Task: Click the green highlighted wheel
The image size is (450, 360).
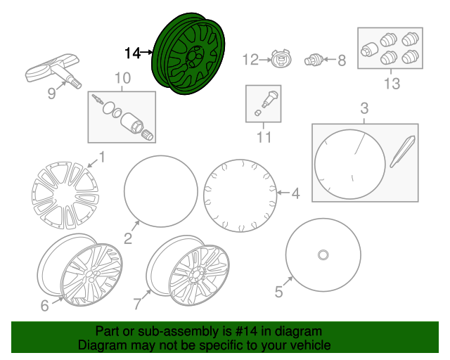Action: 188,54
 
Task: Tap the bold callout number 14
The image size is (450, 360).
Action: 133,53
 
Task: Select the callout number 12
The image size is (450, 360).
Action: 250,60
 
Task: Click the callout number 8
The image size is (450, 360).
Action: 342,60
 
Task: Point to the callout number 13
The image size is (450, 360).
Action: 392,84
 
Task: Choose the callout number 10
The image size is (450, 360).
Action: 122,78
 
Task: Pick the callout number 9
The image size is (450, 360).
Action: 51,94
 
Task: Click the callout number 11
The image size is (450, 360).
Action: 264,137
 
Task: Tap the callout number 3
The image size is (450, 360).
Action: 364,108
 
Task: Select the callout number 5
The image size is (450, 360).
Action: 278,292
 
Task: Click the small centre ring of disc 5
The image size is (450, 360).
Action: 323,255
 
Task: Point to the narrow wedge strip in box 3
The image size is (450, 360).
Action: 402,152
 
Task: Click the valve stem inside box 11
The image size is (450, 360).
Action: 269,99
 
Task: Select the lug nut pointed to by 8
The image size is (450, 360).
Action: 314,60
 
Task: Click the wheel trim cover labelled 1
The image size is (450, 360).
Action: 65,195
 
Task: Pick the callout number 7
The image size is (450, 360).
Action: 138,304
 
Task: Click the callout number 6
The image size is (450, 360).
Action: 44,306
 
